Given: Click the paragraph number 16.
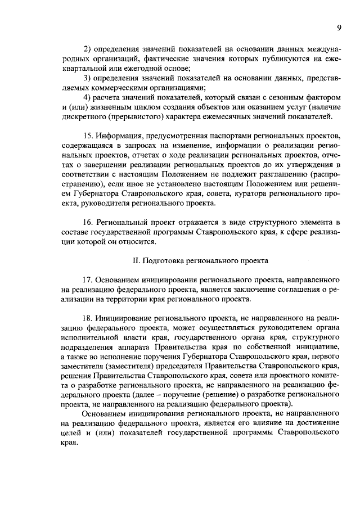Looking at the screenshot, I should pos(88,223).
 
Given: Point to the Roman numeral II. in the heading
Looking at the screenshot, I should pos(136,260).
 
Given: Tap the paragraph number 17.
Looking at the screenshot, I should pos(88,279).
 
